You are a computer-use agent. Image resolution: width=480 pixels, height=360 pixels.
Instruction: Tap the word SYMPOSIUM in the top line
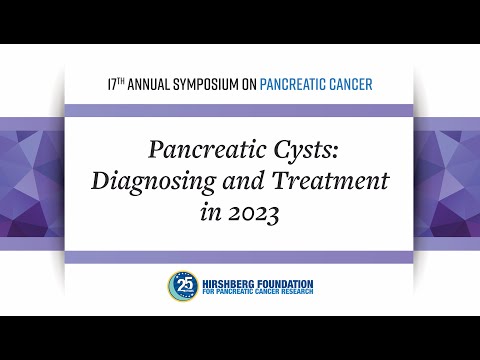pyautogui.click(x=208, y=84)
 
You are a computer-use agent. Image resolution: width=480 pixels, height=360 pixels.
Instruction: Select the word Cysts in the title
pyautogui.click(x=283, y=151)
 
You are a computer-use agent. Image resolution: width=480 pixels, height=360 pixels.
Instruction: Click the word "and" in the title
pyautogui.click(x=245, y=182)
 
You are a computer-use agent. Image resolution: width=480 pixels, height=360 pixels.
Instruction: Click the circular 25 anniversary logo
pyautogui.click(x=182, y=284)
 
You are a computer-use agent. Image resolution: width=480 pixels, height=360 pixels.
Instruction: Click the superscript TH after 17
pyautogui.click(x=122, y=80)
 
